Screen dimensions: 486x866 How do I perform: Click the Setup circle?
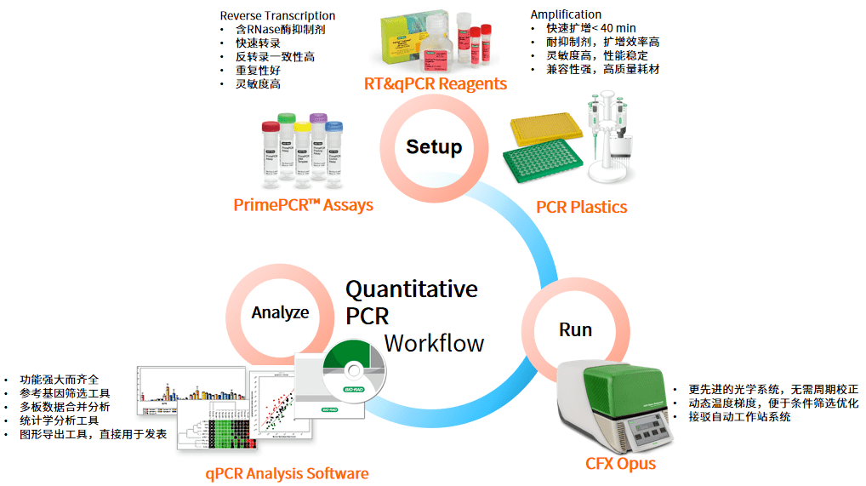(x=433, y=147)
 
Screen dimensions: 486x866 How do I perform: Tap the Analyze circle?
(x=280, y=313)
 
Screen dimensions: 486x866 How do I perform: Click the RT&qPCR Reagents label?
(x=435, y=83)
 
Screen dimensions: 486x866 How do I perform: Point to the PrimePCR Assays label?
(x=303, y=205)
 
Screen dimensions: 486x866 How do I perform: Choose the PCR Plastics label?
(x=581, y=207)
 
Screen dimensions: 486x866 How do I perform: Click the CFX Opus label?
(x=620, y=463)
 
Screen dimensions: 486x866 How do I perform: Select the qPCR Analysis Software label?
(x=287, y=473)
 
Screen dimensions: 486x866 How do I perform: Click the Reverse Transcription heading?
(x=277, y=15)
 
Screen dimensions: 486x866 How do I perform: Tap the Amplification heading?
(x=566, y=14)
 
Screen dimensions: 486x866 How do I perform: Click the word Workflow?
(x=434, y=343)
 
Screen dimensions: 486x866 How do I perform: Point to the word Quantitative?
(x=411, y=289)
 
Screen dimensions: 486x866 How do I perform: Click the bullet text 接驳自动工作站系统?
(x=739, y=417)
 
